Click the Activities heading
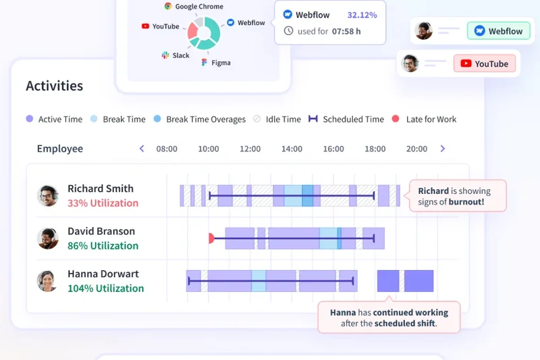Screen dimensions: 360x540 [x=55, y=86]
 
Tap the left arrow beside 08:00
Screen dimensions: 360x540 [x=142, y=149]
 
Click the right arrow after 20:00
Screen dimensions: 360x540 [x=443, y=149]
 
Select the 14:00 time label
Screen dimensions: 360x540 [x=292, y=149]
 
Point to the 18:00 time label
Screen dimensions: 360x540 [x=375, y=149]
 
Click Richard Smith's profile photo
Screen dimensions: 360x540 [x=47, y=196]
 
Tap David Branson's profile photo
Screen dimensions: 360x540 [x=47, y=238]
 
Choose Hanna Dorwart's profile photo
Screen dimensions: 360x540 [x=47, y=281]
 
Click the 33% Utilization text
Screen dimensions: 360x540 [x=103, y=203]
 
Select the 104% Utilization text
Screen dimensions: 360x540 [x=105, y=288]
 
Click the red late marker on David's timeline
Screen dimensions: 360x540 [x=211, y=238]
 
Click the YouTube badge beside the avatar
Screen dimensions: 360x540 [x=485, y=64]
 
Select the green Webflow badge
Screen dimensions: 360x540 [x=499, y=31]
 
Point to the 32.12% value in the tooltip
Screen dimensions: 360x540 [x=362, y=14]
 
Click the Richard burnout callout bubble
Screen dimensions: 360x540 [x=457, y=197]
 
